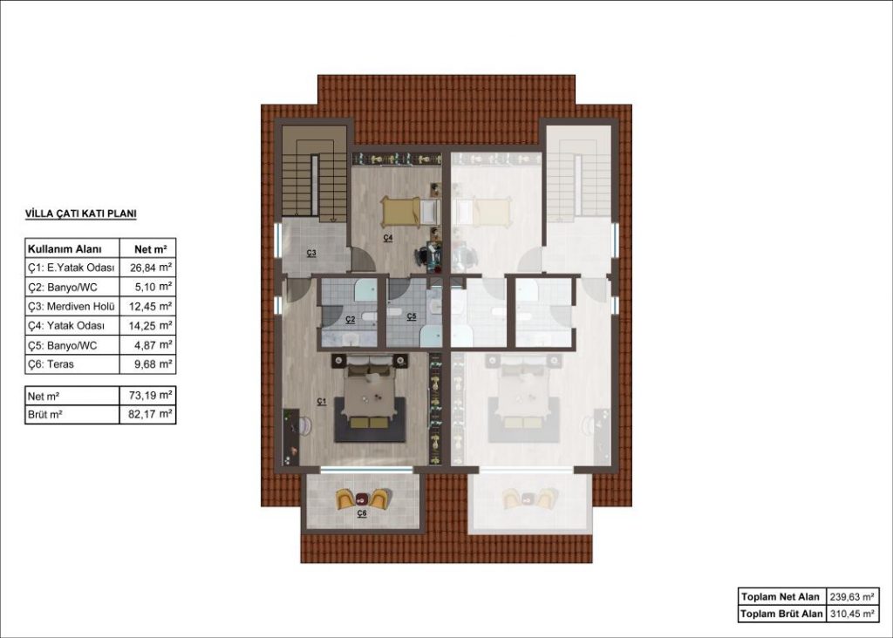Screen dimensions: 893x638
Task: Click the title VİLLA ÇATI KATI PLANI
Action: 81,214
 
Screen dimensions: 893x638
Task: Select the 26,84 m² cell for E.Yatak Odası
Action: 150,268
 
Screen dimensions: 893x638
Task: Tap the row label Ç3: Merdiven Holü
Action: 72,307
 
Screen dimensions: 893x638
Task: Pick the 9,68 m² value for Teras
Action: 153,364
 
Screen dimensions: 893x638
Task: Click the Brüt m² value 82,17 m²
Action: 150,414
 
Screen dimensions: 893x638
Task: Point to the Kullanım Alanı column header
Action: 65,248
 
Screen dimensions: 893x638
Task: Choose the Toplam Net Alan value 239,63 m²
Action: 851,597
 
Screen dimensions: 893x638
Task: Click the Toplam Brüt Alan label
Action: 781,614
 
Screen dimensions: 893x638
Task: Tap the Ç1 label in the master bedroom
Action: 322,402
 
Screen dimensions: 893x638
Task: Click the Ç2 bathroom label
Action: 351,319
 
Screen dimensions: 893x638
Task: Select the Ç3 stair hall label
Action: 311,254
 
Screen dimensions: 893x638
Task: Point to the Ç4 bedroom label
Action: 388,238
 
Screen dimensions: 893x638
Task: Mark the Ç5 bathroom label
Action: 412,317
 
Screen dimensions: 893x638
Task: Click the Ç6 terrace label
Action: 362,513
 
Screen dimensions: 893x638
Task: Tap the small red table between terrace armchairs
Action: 362,499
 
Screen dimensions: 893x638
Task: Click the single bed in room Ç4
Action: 410,212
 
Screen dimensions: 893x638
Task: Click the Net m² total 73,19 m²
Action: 150,395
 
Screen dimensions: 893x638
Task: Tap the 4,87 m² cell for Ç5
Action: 153,345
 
